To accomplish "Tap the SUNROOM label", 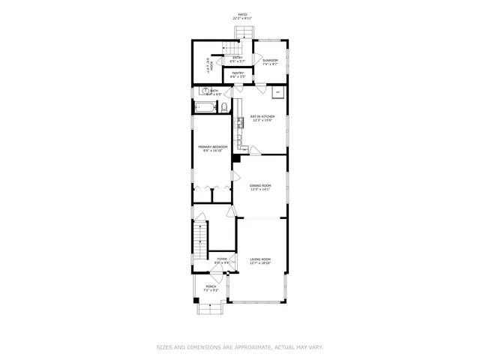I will tap(270, 60).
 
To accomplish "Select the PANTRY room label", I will tap(237, 73).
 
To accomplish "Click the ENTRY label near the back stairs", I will tap(237, 57).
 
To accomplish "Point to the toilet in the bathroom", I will tap(223, 107).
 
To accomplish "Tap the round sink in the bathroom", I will tap(205, 91).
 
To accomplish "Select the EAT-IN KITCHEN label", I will tap(262, 116).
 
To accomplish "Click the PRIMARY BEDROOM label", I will tap(212, 146).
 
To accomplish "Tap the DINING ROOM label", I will tap(259, 185).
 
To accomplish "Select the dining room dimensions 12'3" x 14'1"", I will tap(259, 190).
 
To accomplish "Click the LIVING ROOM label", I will tap(259, 259).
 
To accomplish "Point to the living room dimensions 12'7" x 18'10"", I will tap(259, 264).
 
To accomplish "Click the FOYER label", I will tap(222, 259).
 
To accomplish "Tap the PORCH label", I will tap(211, 286).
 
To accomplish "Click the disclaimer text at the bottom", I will tap(240, 347).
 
